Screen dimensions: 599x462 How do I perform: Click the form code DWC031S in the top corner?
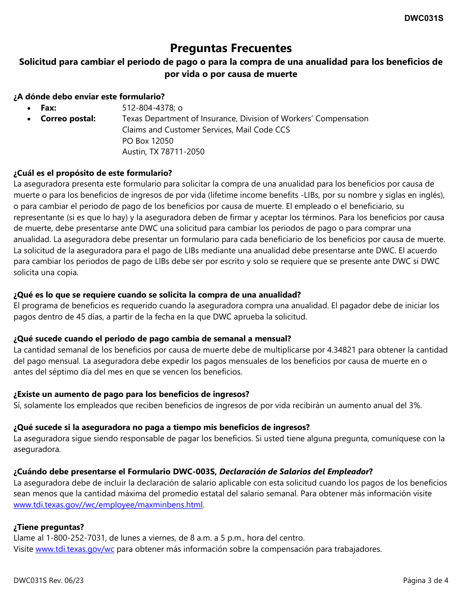click(423, 19)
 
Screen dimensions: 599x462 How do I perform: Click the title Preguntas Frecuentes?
click(231, 48)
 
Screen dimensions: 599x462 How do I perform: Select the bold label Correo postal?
click(68, 119)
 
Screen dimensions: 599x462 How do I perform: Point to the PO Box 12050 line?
click(148, 141)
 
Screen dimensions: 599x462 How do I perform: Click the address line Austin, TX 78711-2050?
click(163, 152)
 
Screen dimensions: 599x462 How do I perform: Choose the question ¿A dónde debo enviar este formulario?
click(89, 97)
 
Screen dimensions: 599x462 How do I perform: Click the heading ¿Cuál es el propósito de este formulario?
click(92, 173)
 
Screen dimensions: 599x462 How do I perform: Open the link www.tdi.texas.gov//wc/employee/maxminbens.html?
click(108, 505)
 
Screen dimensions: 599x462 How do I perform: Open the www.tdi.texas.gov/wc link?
click(75, 549)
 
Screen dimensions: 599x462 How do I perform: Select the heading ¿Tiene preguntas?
click(49, 527)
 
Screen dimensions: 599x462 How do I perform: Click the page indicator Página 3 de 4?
click(425, 580)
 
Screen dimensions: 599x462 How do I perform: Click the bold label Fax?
click(49, 108)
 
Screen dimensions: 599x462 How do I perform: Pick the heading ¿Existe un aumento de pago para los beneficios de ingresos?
click(131, 394)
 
